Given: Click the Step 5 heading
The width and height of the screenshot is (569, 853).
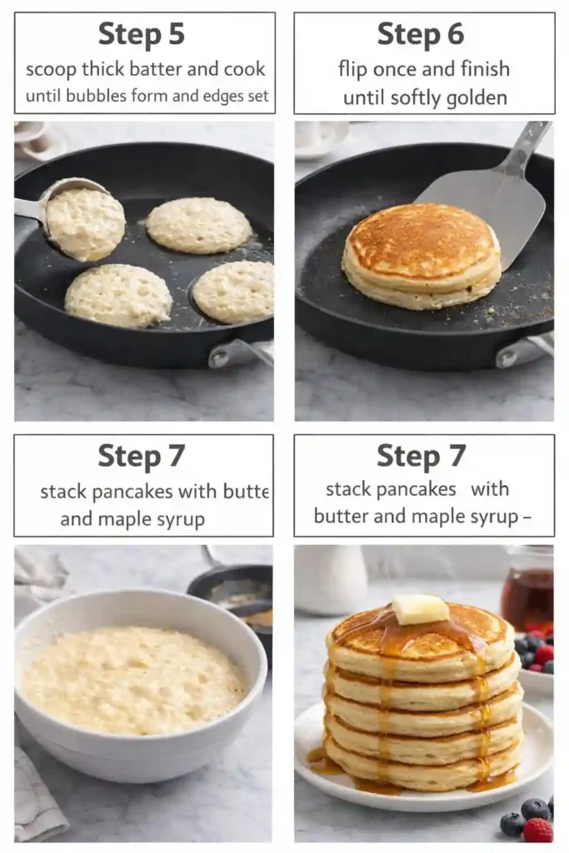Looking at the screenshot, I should tap(141, 35).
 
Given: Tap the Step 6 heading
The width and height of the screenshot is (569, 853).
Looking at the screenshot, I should tap(420, 35).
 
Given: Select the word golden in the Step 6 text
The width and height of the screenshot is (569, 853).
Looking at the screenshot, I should tap(467, 97).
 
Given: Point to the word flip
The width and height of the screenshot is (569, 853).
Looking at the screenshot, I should tap(357, 68).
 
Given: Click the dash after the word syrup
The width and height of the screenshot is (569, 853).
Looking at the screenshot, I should tap(526, 516).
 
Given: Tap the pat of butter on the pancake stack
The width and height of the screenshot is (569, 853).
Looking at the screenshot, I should tap(420, 609).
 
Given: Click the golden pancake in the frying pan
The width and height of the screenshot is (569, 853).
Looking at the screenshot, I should tap(422, 254).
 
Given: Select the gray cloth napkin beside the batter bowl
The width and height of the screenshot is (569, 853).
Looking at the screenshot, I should tap(37, 791).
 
